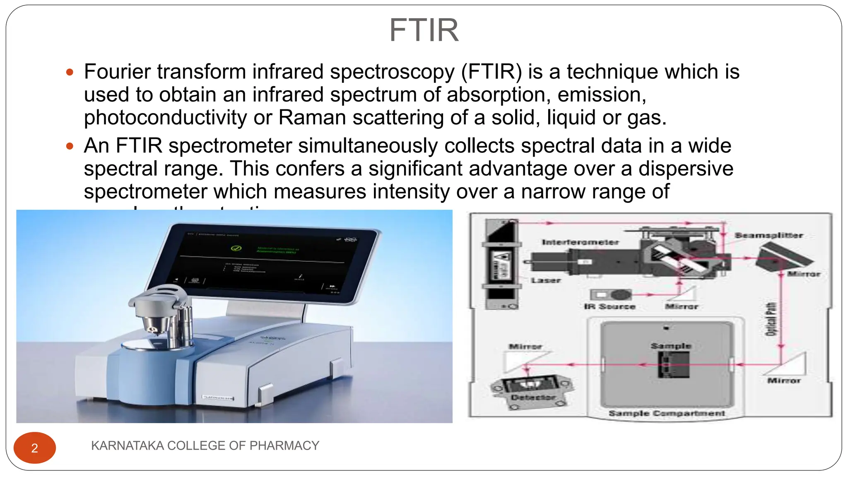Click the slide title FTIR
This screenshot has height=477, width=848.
coord(424,30)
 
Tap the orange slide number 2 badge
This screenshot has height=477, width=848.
coord(35,448)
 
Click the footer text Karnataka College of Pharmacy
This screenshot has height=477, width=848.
coord(205,446)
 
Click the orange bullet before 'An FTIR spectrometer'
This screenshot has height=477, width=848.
coord(70,146)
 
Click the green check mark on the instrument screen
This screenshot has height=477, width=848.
coord(236,248)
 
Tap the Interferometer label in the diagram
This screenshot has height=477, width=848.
coord(580,242)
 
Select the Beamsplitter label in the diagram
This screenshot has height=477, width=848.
coord(768,236)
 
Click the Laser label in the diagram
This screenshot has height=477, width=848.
coord(546,280)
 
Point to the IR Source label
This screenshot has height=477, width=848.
coord(609,306)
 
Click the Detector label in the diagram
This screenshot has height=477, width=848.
coord(532,397)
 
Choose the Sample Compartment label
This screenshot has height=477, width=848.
coord(667,413)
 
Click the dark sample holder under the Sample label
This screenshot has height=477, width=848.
coord(674,364)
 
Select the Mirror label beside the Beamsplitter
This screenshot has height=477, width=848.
coord(803,274)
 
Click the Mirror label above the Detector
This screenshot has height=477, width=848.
coord(525,346)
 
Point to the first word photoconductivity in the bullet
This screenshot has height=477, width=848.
coord(165,118)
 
